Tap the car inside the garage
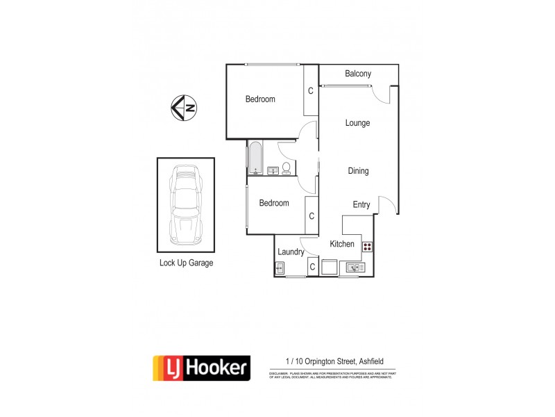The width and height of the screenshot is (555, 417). (x=185, y=205)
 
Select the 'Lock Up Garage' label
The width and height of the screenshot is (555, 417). (x=186, y=263)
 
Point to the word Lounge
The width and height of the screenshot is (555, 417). (x=357, y=123)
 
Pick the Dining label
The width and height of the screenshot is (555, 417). (x=358, y=171)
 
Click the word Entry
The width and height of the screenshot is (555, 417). (x=361, y=205)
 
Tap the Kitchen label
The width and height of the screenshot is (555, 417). (x=342, y=244)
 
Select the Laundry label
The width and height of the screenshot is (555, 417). (x=291, y=252)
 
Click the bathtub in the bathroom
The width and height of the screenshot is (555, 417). (x=255, y=157)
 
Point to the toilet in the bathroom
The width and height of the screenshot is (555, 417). (x=287, y=167)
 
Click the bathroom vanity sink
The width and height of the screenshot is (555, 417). (x=272, y=170)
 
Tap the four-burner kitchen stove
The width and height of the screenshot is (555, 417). (x=366, y=246)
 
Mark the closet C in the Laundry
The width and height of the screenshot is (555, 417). (x=312, y=267)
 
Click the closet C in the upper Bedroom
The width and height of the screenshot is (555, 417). (x=311, y=91)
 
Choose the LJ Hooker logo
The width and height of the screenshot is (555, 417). (x=201, y=367)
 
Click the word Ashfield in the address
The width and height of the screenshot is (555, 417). (x=380, y=361)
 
